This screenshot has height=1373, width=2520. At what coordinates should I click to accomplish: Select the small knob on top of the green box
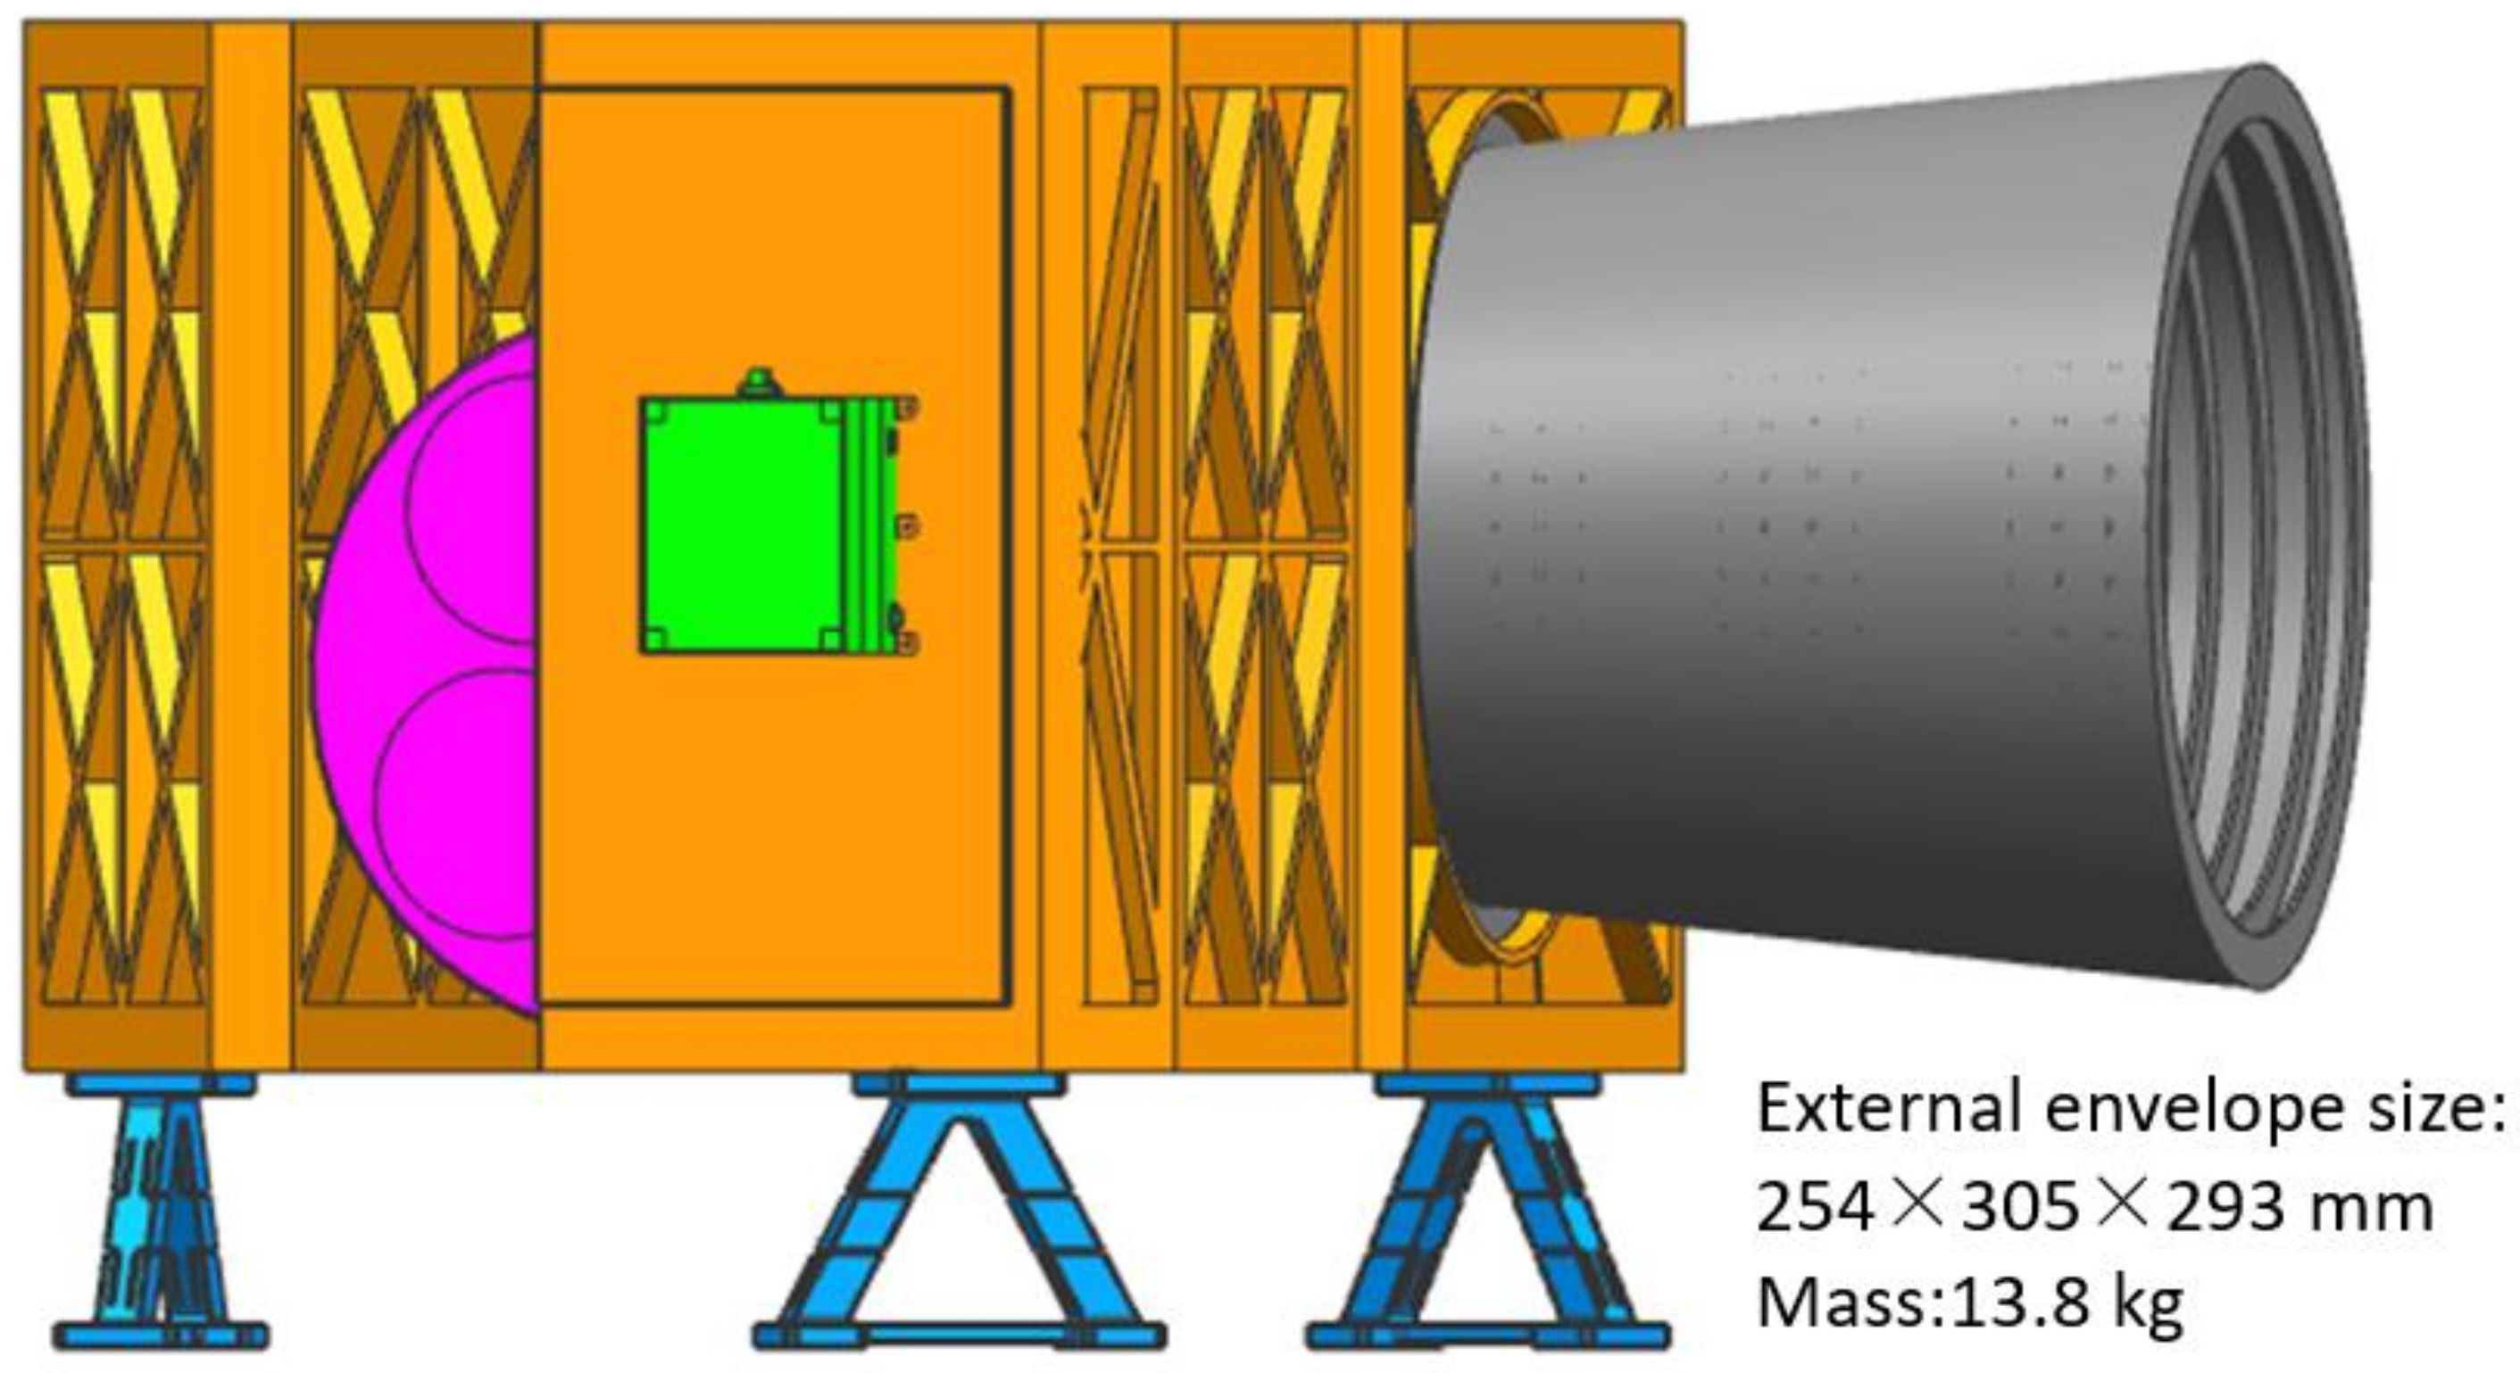pyautogui.click(x=761, y=383)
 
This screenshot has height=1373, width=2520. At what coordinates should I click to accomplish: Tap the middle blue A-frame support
pyautogui.click(x=959, y=1222)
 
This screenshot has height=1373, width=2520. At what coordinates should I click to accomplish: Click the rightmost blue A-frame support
pyautogui.click(x=1487, y=1222)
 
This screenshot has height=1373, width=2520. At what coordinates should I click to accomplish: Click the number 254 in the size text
pyautogui.click(x=1815, y=1208)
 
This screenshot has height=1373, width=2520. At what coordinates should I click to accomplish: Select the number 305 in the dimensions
pyautogui.click(x=2021, y=1208)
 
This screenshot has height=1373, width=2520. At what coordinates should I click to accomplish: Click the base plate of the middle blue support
pyautogui.click(x=959, y=1336)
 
